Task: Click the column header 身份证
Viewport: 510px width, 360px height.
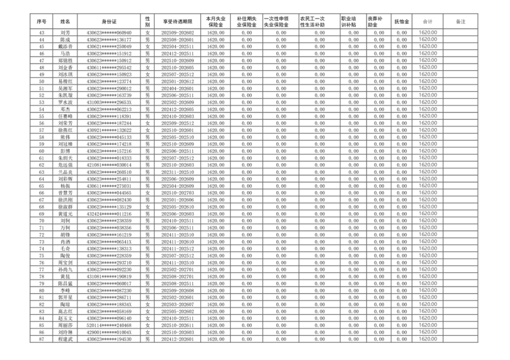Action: (109, 21)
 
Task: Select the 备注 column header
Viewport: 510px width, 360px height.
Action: (460, 21)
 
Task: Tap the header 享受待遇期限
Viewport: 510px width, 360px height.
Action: (176, 21)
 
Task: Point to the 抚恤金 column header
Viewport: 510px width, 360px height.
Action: (401, 21)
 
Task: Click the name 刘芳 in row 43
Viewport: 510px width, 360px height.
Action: (65, 33)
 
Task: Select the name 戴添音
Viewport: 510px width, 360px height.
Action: (65, 46)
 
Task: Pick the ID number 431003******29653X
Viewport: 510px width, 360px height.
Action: (109, 102)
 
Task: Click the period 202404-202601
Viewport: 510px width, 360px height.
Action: (176, 88)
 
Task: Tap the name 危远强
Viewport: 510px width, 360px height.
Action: (65, 165)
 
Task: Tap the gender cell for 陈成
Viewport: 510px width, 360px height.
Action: (147, 39)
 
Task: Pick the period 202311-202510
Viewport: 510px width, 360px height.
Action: (176, 172)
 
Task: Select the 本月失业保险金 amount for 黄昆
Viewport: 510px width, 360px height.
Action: (216, 276)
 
